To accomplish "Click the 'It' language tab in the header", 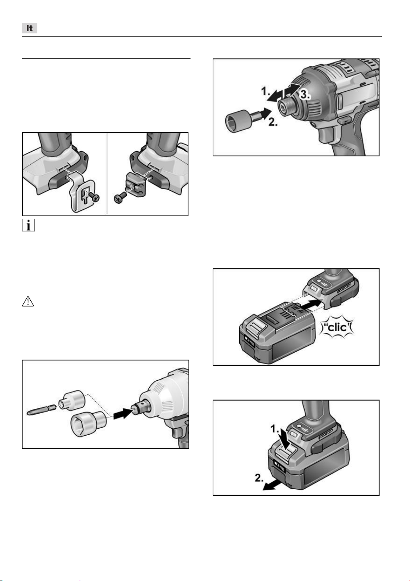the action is click(x=29, y=28).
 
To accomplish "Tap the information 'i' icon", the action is click(x=28, y=225).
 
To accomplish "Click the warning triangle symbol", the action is click(x=28, y=301).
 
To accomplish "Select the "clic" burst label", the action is click(x=337, y=327).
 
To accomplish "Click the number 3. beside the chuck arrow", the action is click(x=305, y=95).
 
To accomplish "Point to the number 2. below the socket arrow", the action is click(x=273, y=122).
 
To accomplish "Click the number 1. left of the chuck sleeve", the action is click(x=265, y=91).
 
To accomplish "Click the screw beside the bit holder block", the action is click(x=119, y=198).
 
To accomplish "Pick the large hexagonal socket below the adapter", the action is click(x=88, y=423).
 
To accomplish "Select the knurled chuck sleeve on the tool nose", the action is click(x=288, y=107).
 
